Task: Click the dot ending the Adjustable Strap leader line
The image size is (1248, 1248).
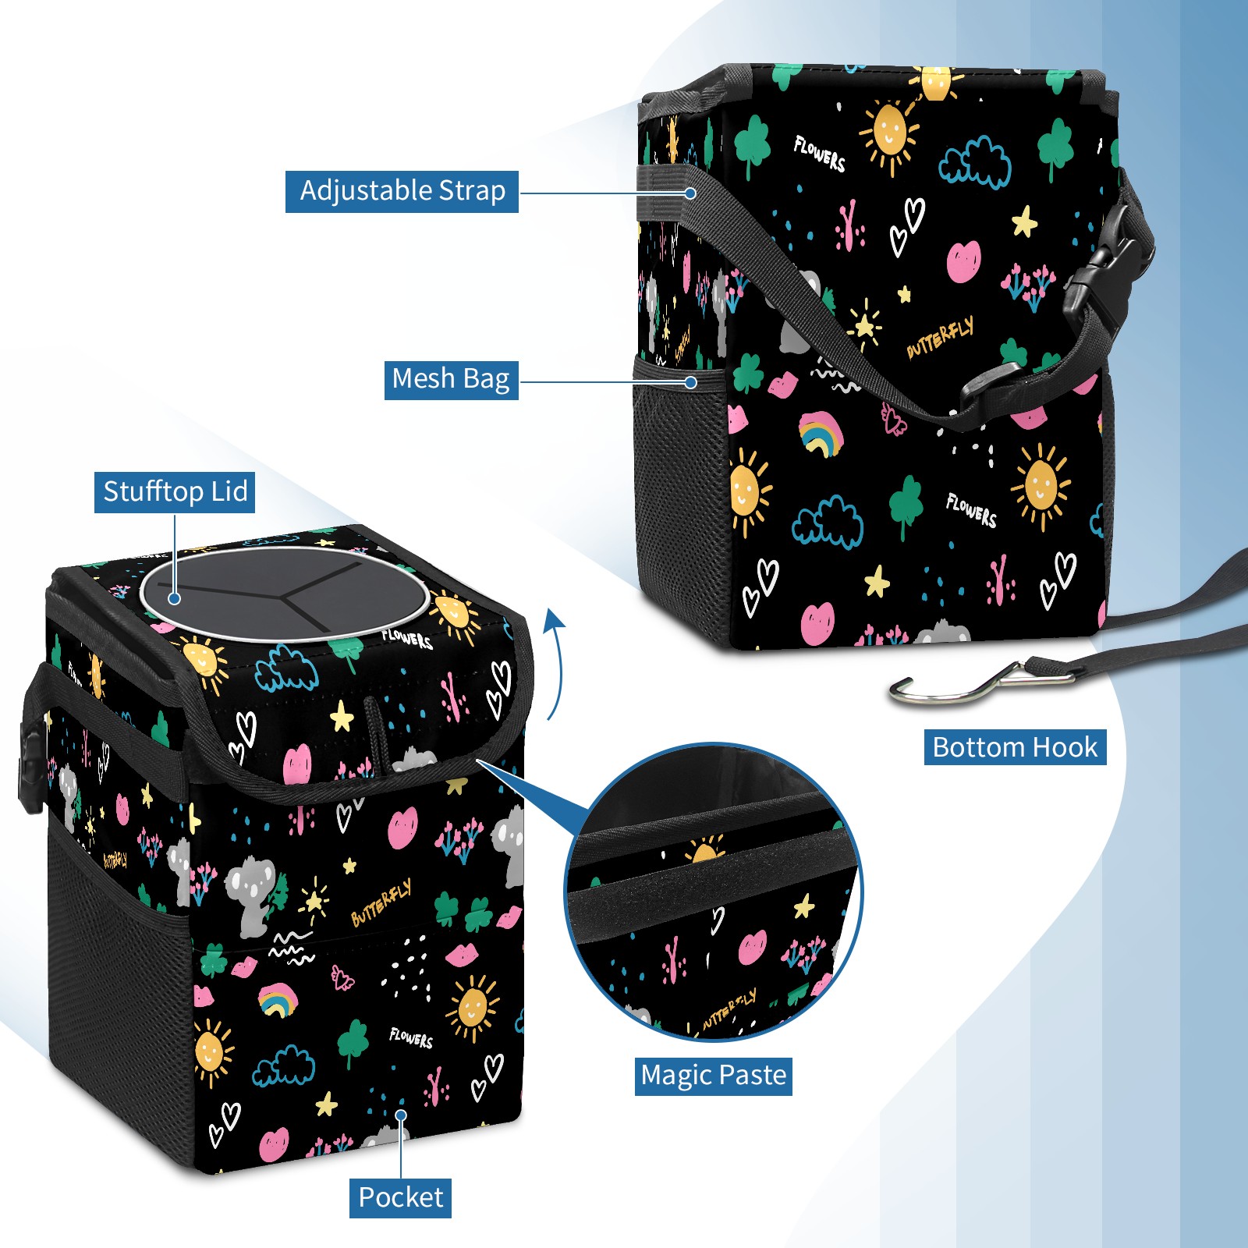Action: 690,193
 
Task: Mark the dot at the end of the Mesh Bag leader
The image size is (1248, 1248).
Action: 690,382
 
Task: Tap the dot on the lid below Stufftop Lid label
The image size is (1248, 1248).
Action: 175,598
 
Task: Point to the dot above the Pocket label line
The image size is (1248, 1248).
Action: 401,1115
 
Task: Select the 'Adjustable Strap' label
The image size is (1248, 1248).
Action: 402,191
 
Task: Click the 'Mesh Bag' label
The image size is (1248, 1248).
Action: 451,380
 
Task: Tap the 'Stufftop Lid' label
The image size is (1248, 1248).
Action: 175,492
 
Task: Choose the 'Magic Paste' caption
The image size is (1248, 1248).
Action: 713,1076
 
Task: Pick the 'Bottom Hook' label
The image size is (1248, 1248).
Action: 1015,747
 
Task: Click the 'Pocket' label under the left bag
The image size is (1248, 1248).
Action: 400,1197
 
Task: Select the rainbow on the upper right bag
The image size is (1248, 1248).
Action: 820,434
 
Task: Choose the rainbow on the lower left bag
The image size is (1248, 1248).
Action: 277,1000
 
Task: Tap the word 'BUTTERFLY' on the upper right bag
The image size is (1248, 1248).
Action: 940,339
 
